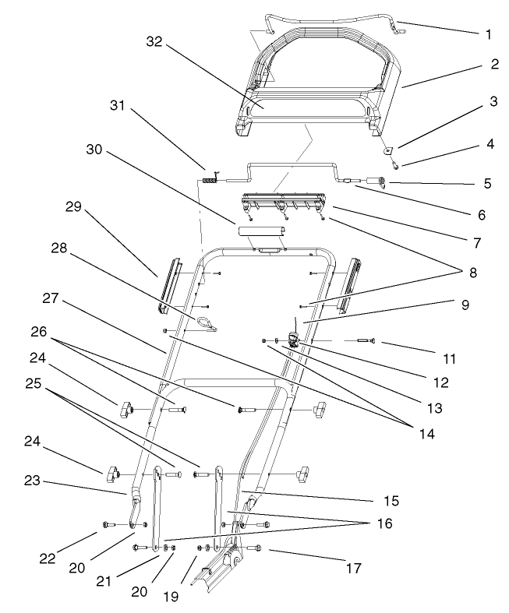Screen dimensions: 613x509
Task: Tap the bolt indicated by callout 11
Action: point(366,340)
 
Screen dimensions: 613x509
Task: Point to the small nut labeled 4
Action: point(395,164)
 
